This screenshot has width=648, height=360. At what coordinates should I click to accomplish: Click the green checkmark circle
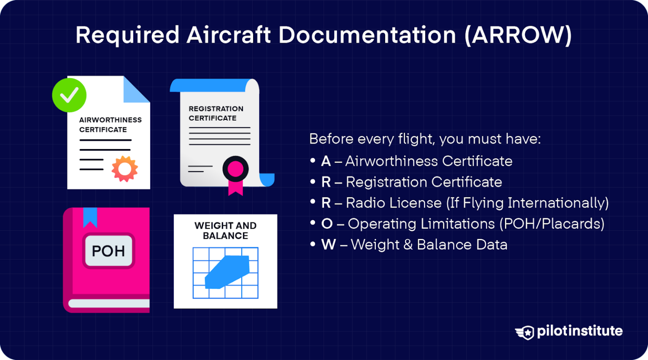69,95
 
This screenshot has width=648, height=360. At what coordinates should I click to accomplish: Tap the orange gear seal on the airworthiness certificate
124,169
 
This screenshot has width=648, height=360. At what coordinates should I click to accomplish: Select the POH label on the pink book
108,251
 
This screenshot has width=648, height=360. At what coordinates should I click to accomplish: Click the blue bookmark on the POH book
90,217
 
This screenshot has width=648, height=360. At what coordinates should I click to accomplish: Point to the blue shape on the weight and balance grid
227,272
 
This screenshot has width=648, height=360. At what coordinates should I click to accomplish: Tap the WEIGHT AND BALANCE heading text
225,231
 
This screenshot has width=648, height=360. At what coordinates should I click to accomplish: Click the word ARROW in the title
518,35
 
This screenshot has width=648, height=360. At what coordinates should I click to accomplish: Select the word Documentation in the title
367,35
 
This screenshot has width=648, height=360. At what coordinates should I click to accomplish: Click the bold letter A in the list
326,161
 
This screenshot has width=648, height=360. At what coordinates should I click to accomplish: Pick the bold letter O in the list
327,224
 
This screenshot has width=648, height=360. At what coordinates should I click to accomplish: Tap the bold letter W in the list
329,245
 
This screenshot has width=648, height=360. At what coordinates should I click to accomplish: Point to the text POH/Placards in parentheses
552,224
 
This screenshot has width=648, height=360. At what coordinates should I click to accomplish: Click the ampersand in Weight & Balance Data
408,245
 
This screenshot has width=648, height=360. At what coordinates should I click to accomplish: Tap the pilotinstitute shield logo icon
525,332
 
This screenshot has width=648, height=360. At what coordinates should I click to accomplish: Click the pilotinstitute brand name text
580,331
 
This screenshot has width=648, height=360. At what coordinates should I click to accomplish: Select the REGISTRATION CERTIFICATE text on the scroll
216,114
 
